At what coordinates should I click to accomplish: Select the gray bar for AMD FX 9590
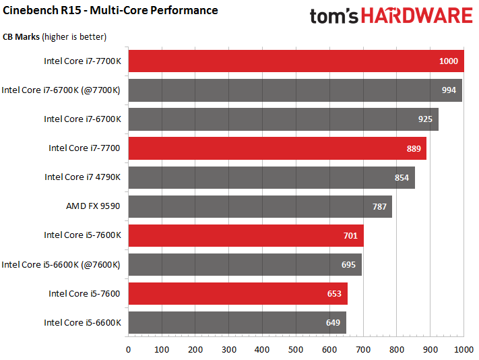[x=260, y=206]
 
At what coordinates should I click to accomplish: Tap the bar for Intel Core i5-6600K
[x=237, y=322]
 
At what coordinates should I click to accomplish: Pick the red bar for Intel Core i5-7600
[x=238, y=293]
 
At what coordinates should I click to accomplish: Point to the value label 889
[x=414, y=148]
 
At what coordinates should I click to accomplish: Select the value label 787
[x=380, y=206]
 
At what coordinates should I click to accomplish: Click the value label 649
[x=333, y=322]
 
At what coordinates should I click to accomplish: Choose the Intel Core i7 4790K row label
[x=82, y=177]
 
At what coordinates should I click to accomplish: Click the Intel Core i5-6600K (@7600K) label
[x=61, y=264]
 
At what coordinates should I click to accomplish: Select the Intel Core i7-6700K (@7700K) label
[x=61, y=90]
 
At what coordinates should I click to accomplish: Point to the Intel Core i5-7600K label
[x=82, y=235]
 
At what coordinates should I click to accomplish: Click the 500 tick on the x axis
[x=296, y=349]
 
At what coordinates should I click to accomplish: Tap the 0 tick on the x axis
[x=128, y=349]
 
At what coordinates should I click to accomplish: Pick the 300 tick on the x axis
[x=229, y=349]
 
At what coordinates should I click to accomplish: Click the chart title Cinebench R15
[x=110, y=10]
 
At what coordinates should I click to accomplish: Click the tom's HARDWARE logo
[x=391, y=16]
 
